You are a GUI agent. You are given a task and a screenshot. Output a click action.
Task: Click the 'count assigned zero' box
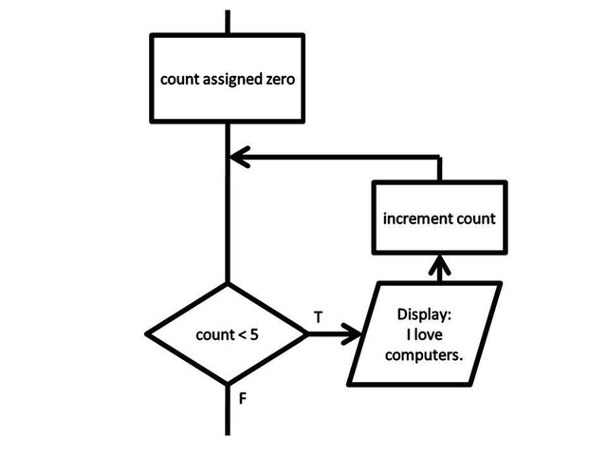point(228,79)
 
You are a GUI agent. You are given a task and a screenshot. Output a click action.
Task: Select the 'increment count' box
point(439,219)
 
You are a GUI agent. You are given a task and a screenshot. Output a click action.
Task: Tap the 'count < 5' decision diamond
point(228,334)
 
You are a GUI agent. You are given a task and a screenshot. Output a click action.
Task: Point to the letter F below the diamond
point(243,399)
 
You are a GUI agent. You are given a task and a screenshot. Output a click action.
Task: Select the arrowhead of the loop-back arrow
point(239,158)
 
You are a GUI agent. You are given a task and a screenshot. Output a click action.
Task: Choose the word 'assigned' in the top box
point(229,80)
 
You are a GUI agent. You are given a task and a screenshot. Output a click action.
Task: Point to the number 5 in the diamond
point(255,334)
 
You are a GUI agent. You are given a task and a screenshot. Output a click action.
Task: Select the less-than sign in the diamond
point(241,334)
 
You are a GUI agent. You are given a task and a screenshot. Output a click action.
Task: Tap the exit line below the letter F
point(228,418)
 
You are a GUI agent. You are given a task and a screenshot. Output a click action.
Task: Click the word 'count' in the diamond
point(212,334)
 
